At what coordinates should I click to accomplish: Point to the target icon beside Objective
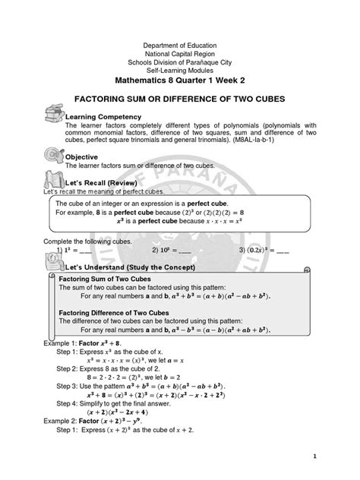pos(55,154)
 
